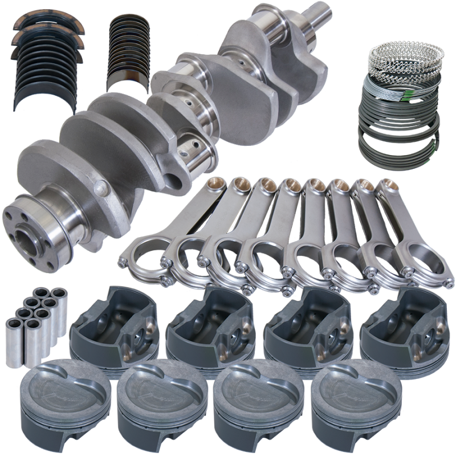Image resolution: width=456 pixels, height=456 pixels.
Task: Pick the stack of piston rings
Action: pos(399,103)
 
